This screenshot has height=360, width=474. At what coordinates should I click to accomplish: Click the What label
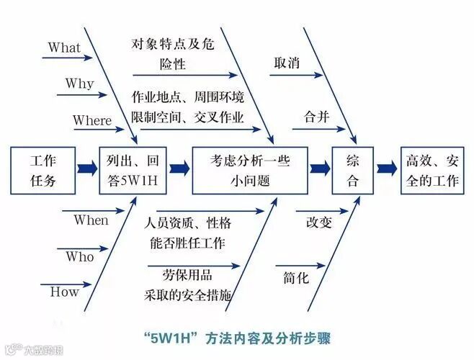pyautogui.click(x=65, y=48)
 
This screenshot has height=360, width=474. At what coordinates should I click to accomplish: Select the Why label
pyautogui.click(x=79, y=84)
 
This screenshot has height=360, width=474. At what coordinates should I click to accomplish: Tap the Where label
pyautogui.click(x=92, y=120)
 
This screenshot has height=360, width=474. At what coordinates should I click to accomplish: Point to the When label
pyautogui.click(x=91, y=220)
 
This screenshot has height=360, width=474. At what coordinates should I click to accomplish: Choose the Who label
pyautogui.click(x=79, y=256)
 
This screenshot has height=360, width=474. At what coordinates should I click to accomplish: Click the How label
pyautogui.click(x=64, y=292)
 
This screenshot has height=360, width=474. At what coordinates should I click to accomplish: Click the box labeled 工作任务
pyautogui.click(x=43, y=170)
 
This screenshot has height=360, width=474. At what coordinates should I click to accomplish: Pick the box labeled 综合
pyautogui.click(x=353, y=170)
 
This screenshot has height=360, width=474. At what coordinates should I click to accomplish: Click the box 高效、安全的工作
pyautogui.click(x=431, y=170)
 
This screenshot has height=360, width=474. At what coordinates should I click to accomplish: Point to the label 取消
pyautogui.click(x=286, y=63)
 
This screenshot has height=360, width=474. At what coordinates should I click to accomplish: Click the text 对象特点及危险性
pyautogui.click(x=173, y=53)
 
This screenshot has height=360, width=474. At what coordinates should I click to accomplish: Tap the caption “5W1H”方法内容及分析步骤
pyautogui.click(x=236, y=336)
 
